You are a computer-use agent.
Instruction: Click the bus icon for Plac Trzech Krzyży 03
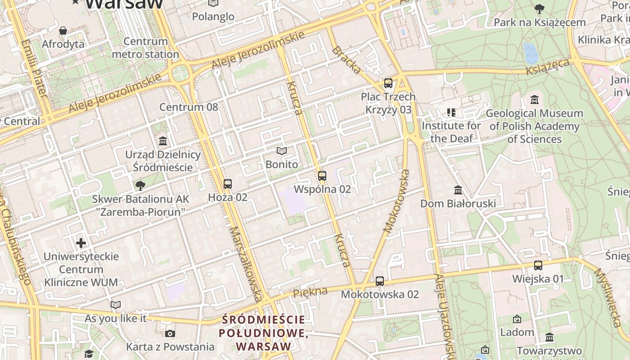[x=388, y=83]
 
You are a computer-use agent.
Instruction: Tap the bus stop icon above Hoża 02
[x=228, y=184]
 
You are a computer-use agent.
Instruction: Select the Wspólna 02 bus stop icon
[x=322, y=176]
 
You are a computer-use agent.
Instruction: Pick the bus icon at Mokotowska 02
[x=380, y=281]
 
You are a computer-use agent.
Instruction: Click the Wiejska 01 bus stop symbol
[x=538, y=265]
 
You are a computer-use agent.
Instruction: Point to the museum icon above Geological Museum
[x=535, y=100]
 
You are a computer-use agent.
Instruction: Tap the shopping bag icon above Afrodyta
[x=63, y=31]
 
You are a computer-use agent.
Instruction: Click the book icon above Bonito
[x=282, y=151]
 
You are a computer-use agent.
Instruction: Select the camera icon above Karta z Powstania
[x=170, y=333]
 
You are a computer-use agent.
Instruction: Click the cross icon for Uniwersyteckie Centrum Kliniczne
[x=81, y=243]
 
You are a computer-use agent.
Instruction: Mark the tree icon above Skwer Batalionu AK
[x=140, y=185]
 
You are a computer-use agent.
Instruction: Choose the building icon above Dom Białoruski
[x=458, y=190]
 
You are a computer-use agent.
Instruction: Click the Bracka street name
[x=346, y=60]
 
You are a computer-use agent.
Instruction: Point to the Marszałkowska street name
[x=245, y=263]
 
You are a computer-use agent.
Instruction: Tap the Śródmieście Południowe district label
[x=264, y=333]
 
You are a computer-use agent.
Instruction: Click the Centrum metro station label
[x=145, y=48]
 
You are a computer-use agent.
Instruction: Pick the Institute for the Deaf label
[x=451, y=132]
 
